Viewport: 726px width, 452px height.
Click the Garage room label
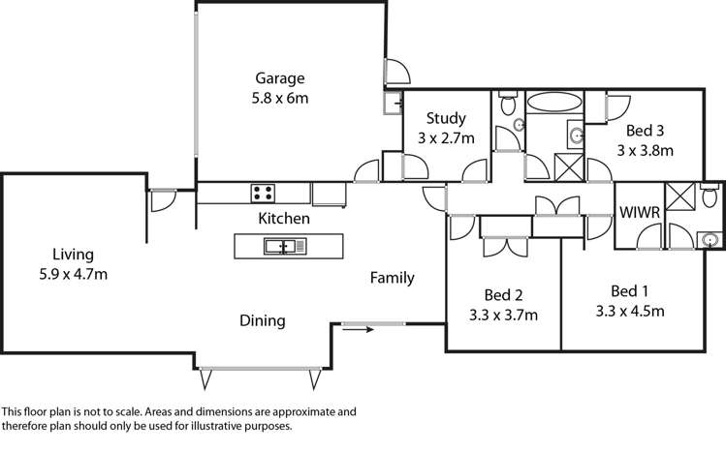280,78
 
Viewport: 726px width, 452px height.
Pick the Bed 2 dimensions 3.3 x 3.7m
503,315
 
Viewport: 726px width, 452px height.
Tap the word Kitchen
284,219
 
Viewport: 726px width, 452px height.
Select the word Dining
264,320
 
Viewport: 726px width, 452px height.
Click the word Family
393,278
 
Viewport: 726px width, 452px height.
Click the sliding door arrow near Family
359,329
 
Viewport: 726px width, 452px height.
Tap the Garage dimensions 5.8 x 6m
280,98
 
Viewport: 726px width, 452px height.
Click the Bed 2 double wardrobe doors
504,244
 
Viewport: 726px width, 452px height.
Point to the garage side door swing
397,72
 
